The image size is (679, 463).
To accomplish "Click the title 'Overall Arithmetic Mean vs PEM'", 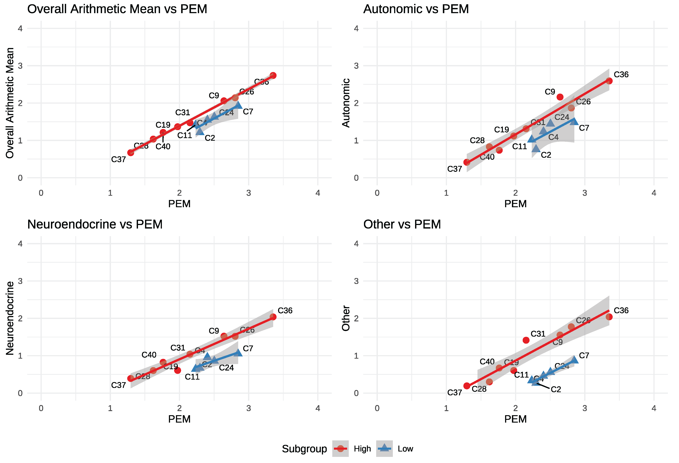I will [117, 9].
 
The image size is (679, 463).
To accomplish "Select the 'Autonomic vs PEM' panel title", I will [416, 9].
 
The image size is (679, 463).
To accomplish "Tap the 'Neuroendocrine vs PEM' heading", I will [95, 224].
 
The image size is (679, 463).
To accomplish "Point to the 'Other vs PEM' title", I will [402, 224].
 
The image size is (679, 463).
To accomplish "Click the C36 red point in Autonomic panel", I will [609, 81].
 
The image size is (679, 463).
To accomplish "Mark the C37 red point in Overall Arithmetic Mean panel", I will [131, 153].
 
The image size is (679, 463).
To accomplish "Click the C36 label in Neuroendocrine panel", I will [285, 310].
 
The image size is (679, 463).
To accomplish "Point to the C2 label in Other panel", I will [556, 389].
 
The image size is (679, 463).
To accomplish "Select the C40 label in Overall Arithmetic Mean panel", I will [163, 146].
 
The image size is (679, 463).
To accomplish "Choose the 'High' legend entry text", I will [362, 449].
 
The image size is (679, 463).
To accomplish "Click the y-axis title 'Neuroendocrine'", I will [10, 318].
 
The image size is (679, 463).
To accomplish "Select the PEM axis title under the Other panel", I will [515, 419].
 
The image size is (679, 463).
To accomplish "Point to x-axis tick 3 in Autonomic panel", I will [585, 193].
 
